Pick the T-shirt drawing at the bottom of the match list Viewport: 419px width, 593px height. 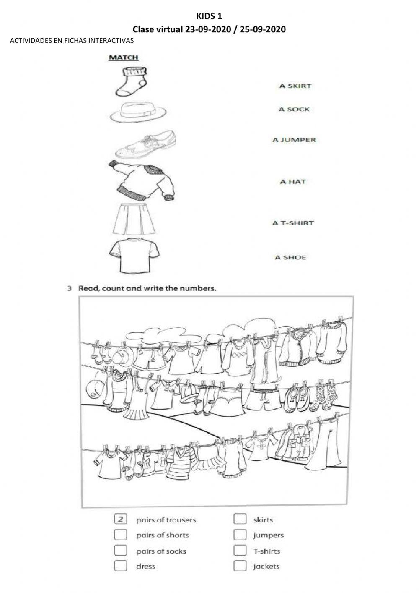[x=134, y=256]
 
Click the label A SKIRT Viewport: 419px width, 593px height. [x=295, y=86]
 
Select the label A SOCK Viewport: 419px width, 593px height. [x=294, y=110]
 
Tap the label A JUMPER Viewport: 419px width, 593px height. [x=294, y=140]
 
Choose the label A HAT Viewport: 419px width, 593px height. [x=293, y=182]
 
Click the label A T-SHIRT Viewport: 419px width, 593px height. [x=293, y=223]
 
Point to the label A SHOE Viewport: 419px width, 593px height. [x=290, y=257]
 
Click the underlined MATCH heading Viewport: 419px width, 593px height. [x=123, y=57]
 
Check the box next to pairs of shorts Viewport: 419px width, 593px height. [x=120, y=535]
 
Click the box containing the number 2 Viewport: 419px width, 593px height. [x=120, y=520]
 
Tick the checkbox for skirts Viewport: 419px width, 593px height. [x=240, y=520]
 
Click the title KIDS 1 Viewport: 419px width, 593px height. [x=209, y=17]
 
